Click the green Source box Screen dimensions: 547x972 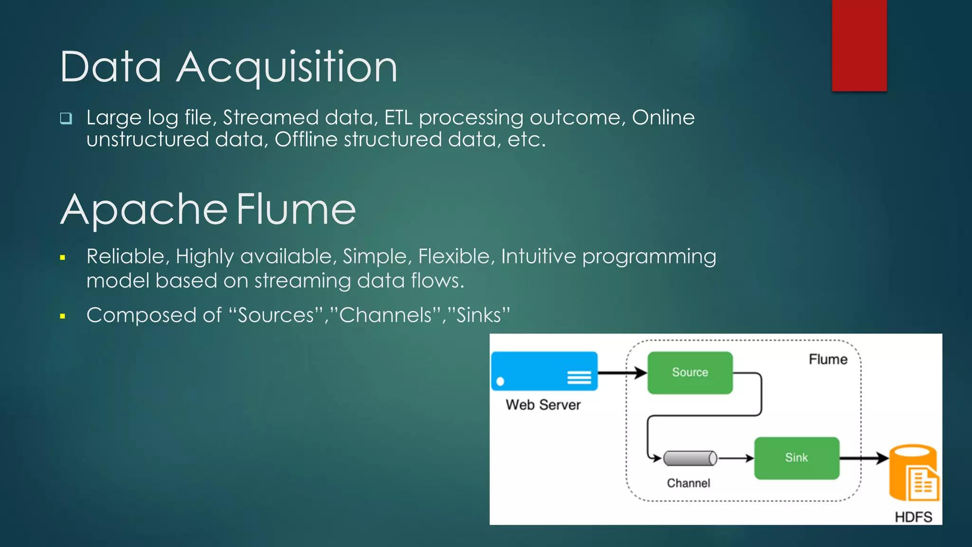[x=690, y=372]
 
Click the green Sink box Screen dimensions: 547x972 [x=796, y=458]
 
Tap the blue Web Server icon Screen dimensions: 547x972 [x=544, y=371]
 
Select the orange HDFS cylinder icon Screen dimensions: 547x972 [x=913, y=472]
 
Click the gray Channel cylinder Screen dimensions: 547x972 [x=690, y=458]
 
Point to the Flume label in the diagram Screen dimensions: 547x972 [x=828, y=359]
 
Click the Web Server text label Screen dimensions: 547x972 [x=543, y=405]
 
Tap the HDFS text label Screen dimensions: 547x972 [x=913, y=517]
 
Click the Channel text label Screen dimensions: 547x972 [x=688, y=483]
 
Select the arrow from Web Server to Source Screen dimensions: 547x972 [x=622, y=373]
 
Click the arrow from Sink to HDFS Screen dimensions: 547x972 [x=863, y=458]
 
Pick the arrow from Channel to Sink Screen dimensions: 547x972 [x=736, y=458]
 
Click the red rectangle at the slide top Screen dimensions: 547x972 [x=859, y=45]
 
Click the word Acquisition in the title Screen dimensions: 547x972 [x=287, y=67]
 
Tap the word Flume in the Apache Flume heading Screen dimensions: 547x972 [x=296, y=209]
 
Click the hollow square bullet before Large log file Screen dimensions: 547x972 [x=66, y=118]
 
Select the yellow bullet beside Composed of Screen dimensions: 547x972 [x=63, y=316]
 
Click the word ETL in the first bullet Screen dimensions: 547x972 [x=398, y=118]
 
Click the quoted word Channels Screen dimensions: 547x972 [x=385, y=315]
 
